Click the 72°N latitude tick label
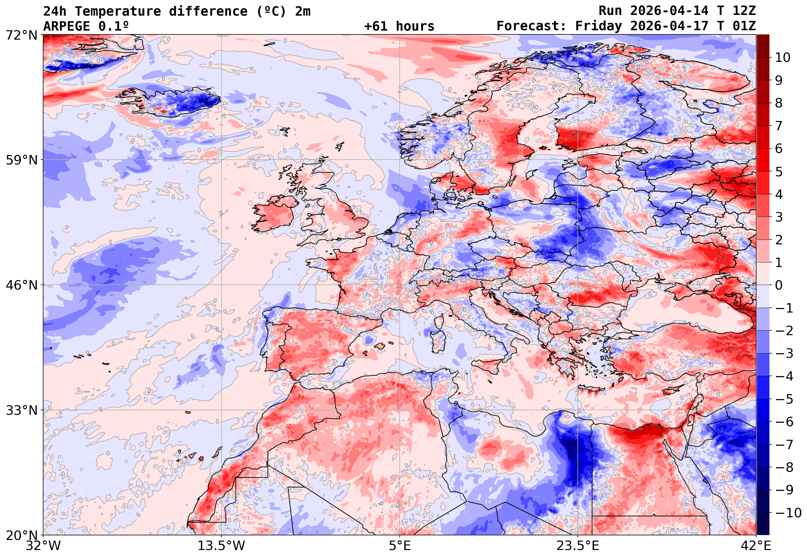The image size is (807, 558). tap(21, 35)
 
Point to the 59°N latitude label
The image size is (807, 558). tap(21, 160)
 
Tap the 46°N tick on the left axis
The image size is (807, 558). tap(21, 285)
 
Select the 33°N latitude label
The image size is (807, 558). tap(21, 411)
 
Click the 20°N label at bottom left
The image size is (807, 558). tap(21, 535)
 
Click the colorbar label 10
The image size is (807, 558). tap(783, 58)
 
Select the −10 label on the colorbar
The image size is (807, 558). tap(788, 513)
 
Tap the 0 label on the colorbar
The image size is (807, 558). tap(779, 285)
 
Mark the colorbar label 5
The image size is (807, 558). tap(779, 172)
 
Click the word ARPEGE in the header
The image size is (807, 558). tap(67, 26)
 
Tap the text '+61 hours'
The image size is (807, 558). tap(399, 26)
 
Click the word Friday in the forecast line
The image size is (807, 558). tap(599, 26)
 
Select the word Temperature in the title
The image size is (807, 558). tap(118, 11)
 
